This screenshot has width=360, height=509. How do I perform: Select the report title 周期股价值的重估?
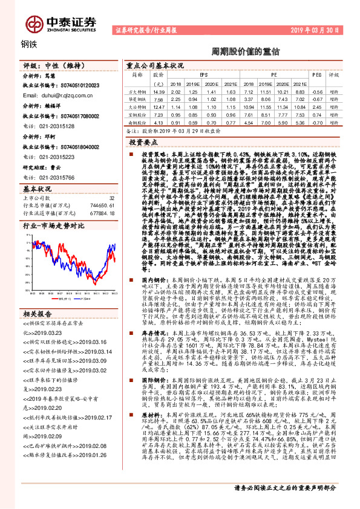coord(237,51)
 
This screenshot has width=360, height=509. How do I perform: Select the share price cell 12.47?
coord(159,106)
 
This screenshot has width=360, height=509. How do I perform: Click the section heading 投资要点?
coord(147,141)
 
